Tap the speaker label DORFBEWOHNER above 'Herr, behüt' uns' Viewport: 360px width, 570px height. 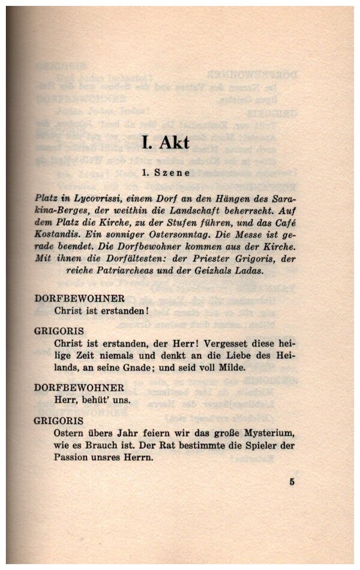coord(80,388)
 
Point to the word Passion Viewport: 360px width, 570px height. coord(72,457)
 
